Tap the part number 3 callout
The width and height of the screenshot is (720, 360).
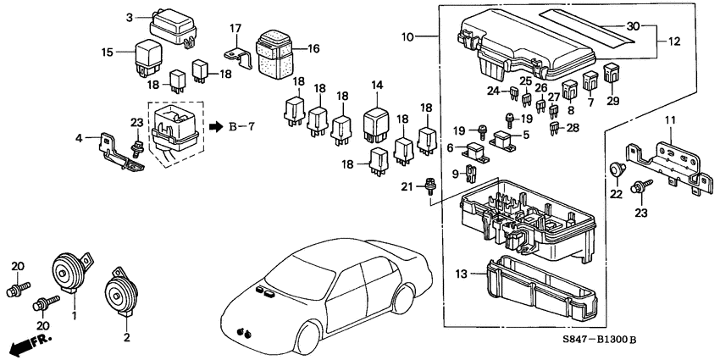(x=130, y=18)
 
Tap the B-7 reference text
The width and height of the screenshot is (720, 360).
(x=242, y=127)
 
